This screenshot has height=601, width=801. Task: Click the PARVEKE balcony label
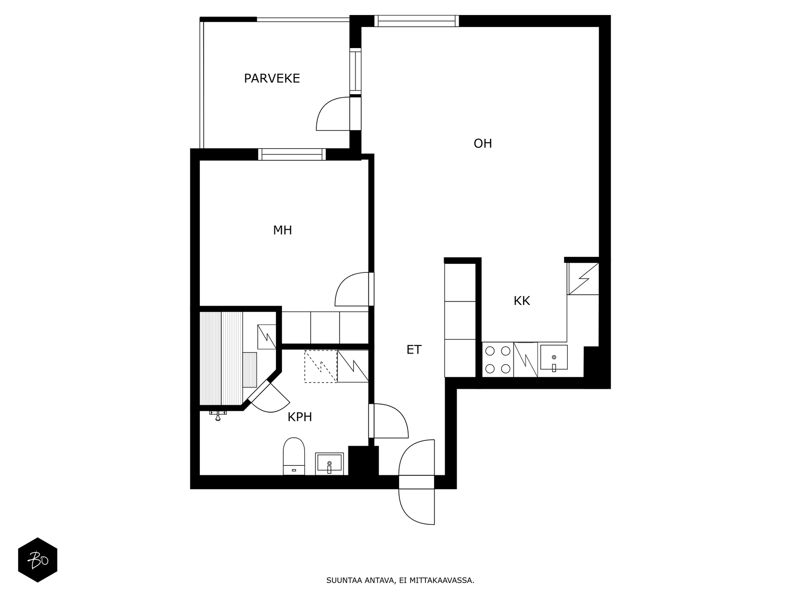coord(272,79)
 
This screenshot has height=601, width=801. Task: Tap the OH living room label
coord(483,144)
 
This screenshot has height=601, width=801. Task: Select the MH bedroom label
coord(282,230)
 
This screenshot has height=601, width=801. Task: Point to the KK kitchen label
coord(522,301)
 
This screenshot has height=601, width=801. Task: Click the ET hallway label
coord(414,350)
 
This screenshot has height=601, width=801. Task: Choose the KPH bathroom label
coord(299,417)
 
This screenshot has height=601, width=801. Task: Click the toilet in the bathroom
coord(294,456)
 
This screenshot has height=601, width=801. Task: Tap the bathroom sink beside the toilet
coord(329,464)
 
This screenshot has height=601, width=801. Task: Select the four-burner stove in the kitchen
coord(498,360)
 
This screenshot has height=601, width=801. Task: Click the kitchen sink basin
coord(554,358)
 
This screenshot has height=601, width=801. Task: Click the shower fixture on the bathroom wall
coord(218,415)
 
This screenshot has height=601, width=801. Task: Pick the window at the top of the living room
coord(417,21)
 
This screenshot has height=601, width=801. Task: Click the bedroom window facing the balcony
coord(292,154)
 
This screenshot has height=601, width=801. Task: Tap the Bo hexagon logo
coord(38,560)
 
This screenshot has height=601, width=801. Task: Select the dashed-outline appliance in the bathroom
coord(321,367)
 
